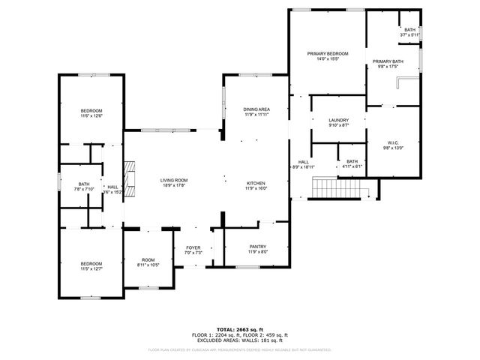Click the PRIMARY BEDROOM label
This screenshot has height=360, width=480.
(328, 55)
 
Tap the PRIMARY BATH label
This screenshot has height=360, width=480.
(388, 61)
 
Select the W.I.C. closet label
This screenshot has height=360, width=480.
(394, 142)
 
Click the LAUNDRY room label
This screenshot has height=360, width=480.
(338, 120)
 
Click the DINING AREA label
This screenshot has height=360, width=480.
(256, 109)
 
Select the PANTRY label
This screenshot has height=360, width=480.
(257, 247)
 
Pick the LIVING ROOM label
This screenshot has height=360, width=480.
(173, 180)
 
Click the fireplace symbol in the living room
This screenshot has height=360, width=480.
(130, 178)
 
